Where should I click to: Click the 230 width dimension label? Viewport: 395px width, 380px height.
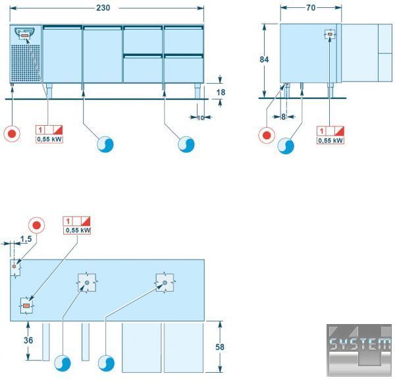pos(103,8)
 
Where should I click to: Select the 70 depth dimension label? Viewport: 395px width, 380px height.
pos(311,8)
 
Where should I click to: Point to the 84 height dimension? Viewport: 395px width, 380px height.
pos(264,59)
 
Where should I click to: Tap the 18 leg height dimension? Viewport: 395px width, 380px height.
pos(221,92)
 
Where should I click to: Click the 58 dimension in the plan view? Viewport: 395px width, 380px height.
pos(220,347)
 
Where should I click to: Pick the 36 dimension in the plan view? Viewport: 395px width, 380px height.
pos(28,340)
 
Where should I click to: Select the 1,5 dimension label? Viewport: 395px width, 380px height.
pos(26,239)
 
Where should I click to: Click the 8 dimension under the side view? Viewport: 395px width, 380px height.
pos(283,117)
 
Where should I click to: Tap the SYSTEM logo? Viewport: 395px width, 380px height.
pos(359,350)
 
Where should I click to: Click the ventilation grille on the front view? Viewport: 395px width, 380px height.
pos(26,63)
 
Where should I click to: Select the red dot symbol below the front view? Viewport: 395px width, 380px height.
pos(12,134)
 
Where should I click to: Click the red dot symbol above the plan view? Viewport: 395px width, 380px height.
pos(36,225)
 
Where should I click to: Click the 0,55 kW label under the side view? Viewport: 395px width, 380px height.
pos(330,140)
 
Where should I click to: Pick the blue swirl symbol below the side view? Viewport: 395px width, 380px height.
pos(286,146)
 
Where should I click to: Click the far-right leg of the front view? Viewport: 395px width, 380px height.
pos(197,91)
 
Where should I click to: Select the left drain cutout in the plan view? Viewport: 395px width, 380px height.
pos(87,283)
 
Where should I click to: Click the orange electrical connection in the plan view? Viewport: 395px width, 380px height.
pos(26,306)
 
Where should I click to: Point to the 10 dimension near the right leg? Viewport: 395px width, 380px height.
pos(200,118)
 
